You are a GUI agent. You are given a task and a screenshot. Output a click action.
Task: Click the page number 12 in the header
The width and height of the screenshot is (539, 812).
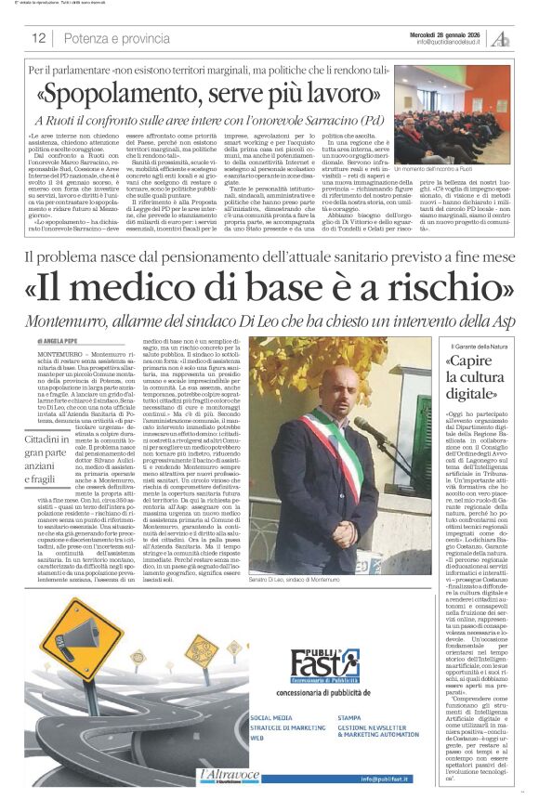coord(38,38)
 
